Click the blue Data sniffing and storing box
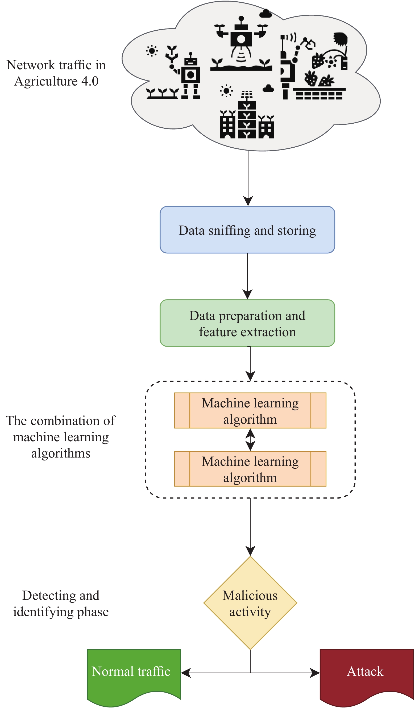click(x=247, y=230)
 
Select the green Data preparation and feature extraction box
click(x=247, y=323)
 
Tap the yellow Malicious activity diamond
click(x=250, y=603)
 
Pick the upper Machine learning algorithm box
click(x=250, y=411)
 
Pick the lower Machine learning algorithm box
click(x=250, y=469)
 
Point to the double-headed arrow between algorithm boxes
click(x=250, y=440)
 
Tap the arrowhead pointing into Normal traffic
click(x=185, y=673)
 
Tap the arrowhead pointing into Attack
click(x=315, y=673)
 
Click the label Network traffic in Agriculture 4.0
click(x=56, y=73)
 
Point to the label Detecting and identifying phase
click(x=61, y=603)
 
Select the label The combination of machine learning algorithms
click(x=61, y=437)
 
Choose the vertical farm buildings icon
click(x=247, y=115)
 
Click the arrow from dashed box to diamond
click(x=250, y=527)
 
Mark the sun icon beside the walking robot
click(x=152, y=51)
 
